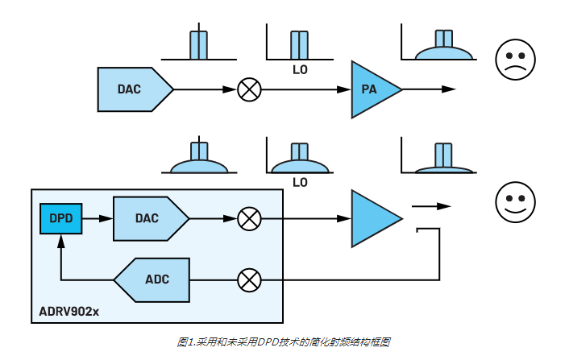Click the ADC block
(155, 279)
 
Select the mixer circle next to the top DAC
(250, 89)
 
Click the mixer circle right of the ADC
(250, 279)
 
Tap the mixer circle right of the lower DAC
(250, 218)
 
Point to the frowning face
(513, 60)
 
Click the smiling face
(513, 201)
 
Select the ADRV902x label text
(70, 311)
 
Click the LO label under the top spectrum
(300, 69)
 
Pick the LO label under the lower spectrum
(300, 183)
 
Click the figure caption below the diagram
(284, 342)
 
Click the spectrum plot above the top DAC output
(199, 45)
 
